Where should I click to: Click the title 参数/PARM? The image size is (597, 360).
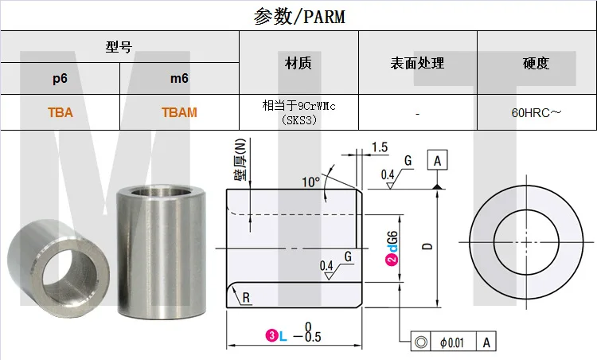coord(299,17)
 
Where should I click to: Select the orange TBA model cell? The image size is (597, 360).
coord(60,112)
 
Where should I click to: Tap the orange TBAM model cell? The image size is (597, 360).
coord(179,112)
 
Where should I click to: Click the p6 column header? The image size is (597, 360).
coord(60,79)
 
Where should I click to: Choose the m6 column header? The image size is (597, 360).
coord(179,79)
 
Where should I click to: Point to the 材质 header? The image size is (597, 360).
coord(298,63)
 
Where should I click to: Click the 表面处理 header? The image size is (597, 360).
coord(417,63)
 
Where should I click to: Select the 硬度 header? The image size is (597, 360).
coord(536,63)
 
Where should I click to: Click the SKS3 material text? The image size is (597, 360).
coord(298,120)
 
